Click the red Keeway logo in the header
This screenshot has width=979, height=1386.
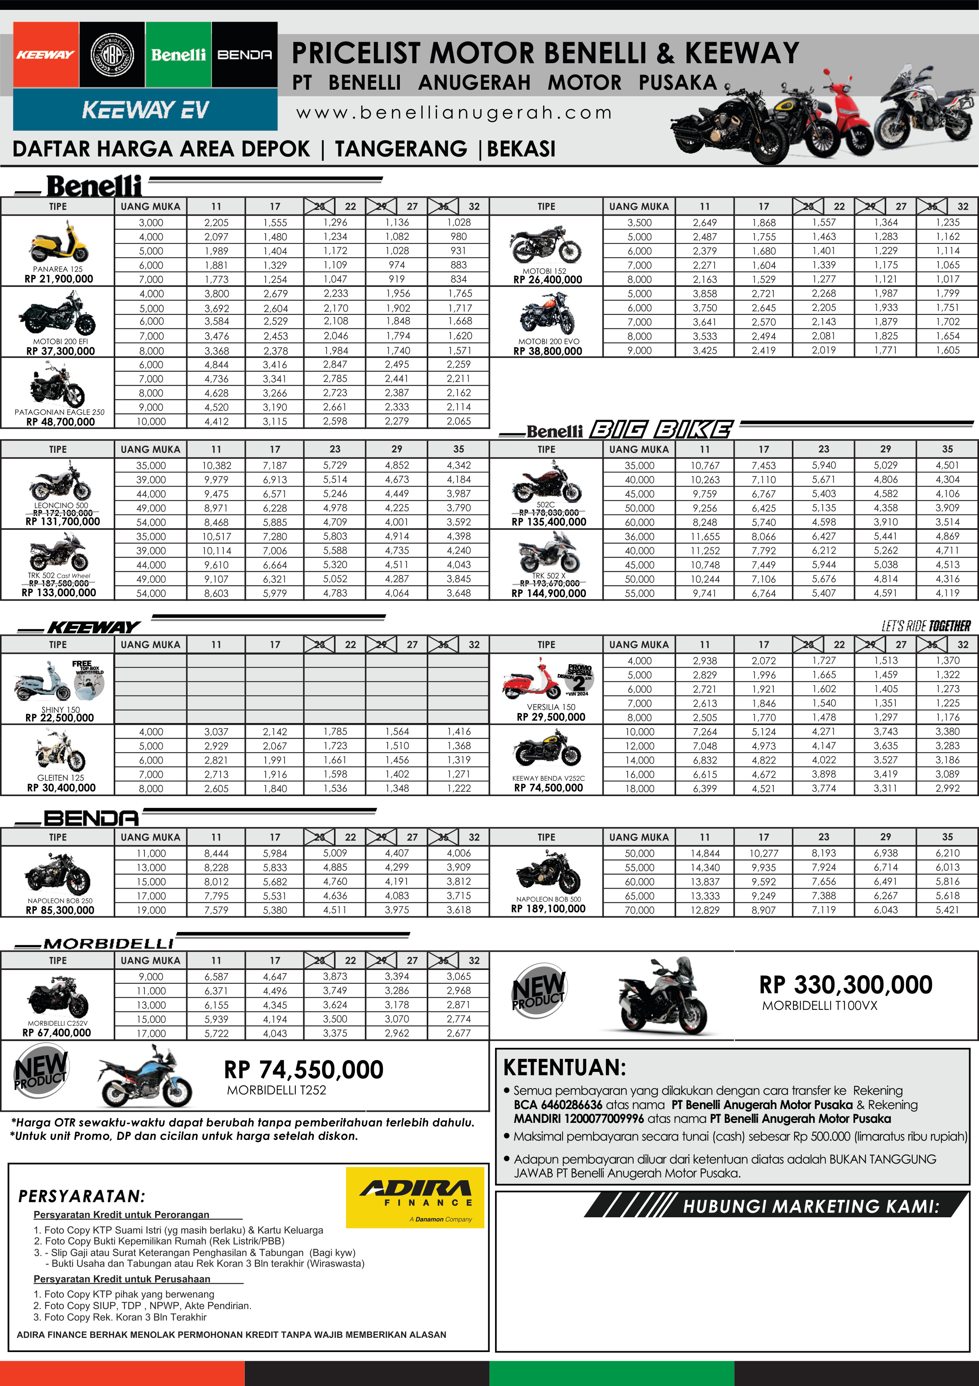pos(46,55)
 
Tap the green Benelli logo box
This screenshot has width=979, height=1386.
pos(178,55)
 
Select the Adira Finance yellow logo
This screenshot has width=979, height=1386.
pos(415,1197)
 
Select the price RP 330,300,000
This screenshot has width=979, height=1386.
pos(845,985)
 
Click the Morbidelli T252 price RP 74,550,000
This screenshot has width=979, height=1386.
pos(304,1070)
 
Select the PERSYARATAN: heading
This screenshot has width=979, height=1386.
pos(81,1196)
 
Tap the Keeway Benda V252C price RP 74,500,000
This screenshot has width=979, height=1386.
pos(548,787)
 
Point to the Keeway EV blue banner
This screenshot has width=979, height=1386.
pos(145,110)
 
